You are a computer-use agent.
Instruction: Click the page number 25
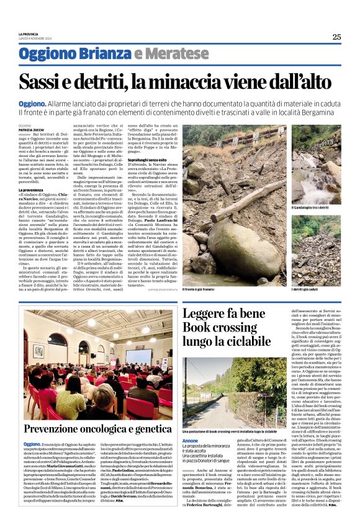coord(336,37)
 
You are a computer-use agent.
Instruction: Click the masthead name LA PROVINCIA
coord(30,34)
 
